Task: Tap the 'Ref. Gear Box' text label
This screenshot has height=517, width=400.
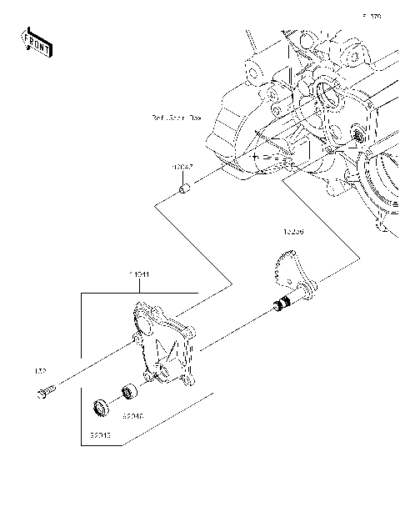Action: coord(176,118)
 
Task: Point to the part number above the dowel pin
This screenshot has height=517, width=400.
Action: coord(182,168)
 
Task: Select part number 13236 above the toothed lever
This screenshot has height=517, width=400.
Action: coord(292,233)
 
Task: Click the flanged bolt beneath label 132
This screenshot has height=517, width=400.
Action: coord(46,390)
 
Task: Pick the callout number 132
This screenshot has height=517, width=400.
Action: coord(38,370)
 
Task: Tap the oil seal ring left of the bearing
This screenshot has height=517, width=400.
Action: coord(102,408)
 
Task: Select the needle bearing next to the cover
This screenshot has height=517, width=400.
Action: coord(129,389)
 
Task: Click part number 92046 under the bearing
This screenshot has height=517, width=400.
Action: coord(132,414)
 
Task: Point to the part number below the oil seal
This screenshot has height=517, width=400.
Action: coord(100,434)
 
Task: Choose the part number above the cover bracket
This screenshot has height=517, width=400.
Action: coord(139,274)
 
